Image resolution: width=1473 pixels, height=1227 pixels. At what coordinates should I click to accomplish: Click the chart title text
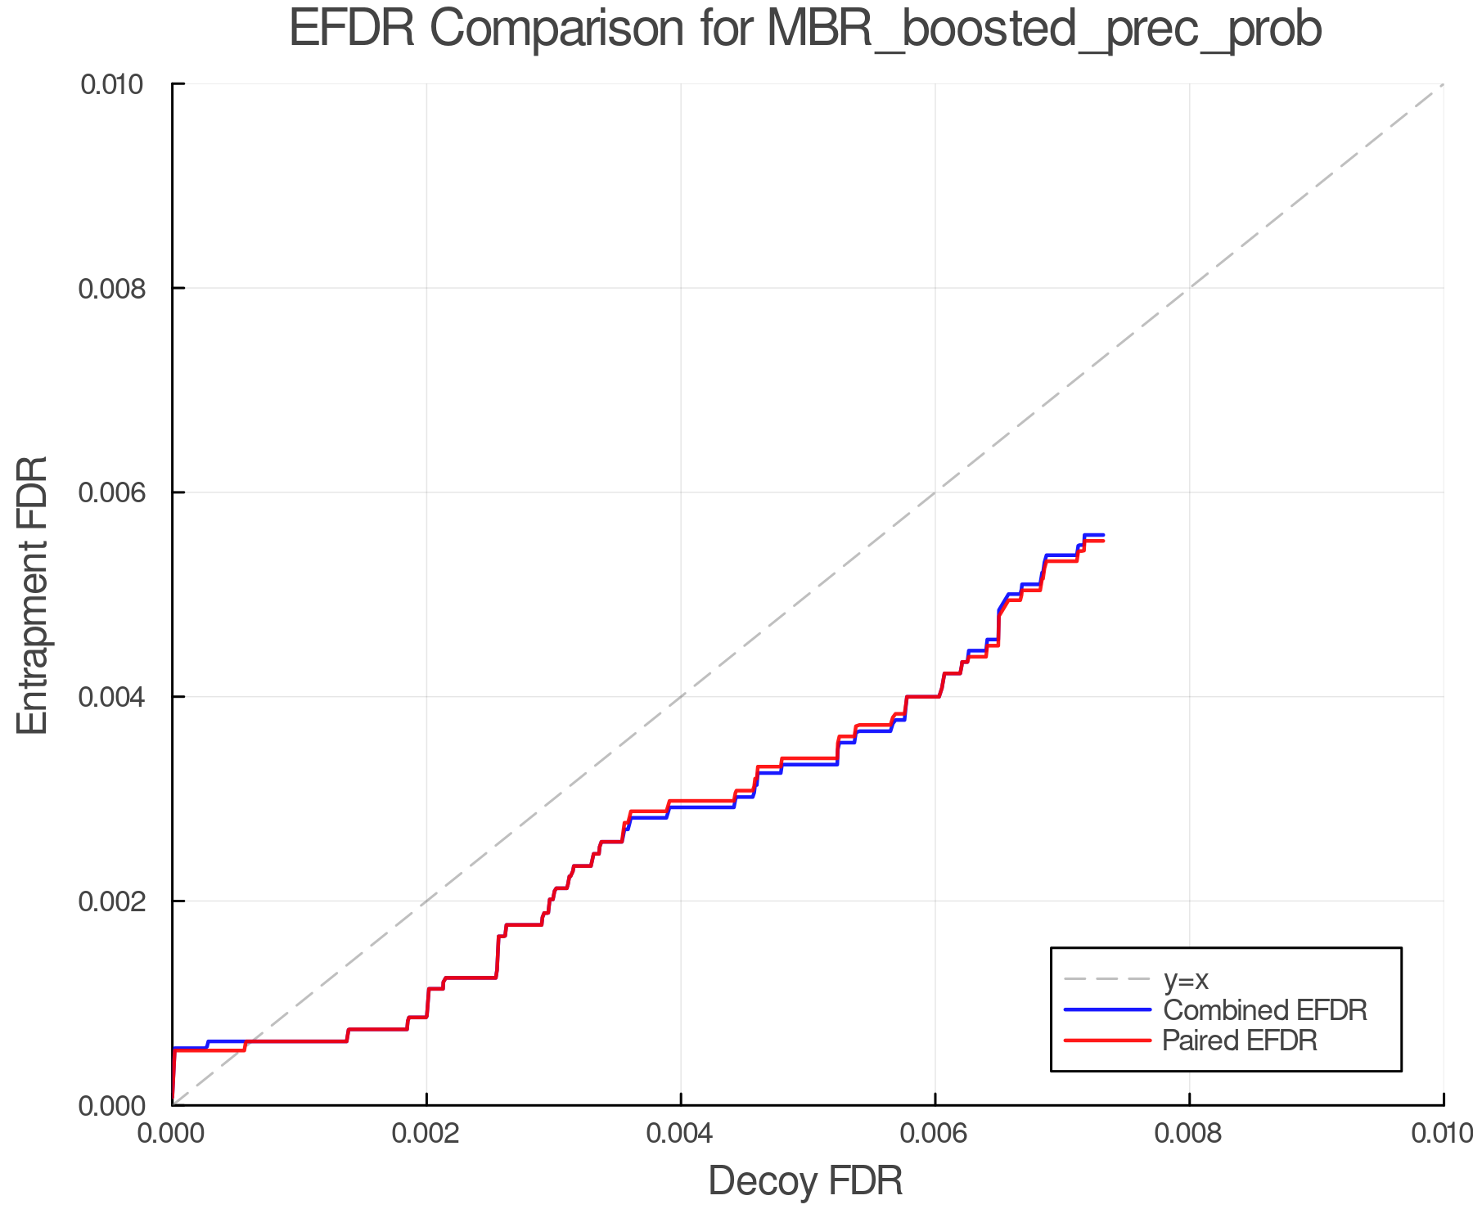[805, 29]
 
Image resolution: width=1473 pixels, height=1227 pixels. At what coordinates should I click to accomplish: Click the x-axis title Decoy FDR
[805, 1181]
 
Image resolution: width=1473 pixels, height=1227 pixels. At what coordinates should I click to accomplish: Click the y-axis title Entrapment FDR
[33, 595]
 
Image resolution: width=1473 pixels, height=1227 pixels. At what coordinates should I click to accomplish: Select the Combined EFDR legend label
[1265, 1010]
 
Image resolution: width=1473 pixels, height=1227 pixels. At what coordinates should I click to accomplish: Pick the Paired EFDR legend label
[1240, 1040]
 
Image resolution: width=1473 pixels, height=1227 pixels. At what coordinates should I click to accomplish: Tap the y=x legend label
[1186, 979]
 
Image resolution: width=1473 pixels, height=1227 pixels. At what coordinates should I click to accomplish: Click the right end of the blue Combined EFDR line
[1104, 535]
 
